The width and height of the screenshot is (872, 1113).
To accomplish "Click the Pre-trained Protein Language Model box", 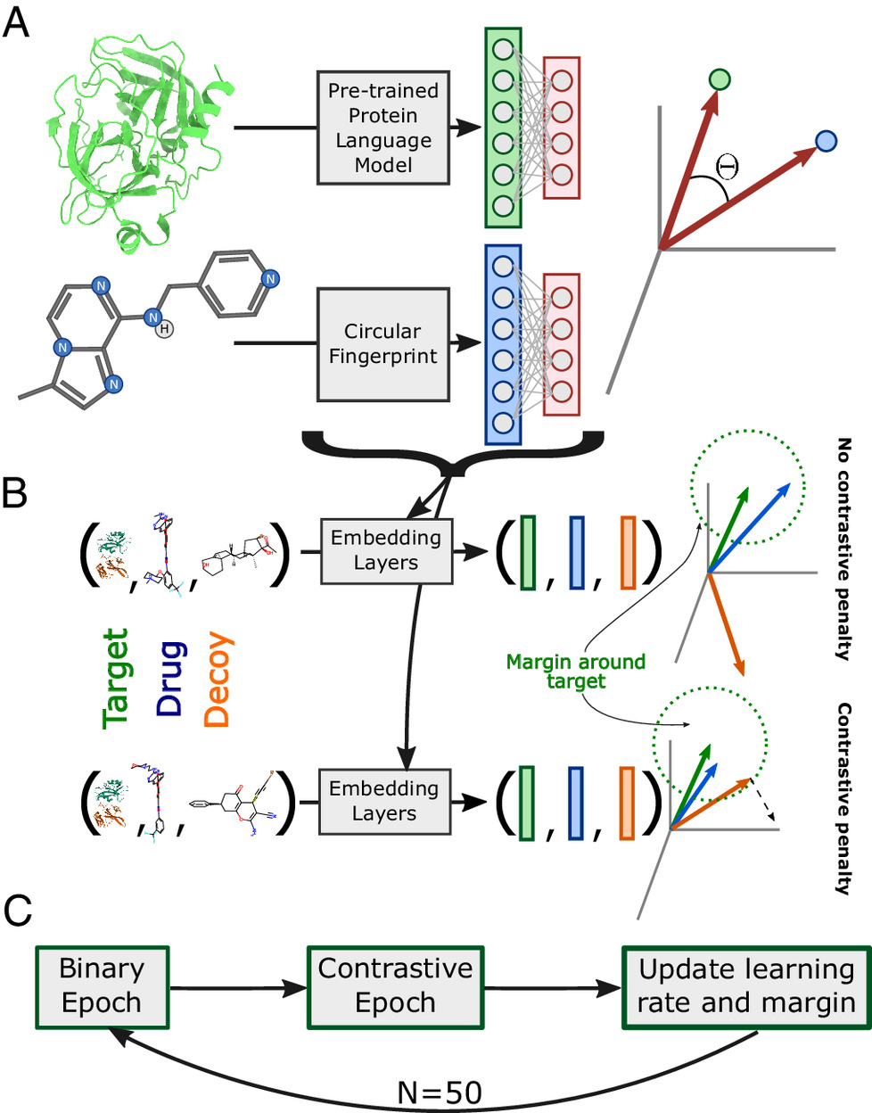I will pos(383,128).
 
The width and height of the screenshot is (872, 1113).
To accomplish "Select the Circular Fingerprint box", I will pos(383,344).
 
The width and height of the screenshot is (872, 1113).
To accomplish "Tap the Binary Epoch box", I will pos(102,985).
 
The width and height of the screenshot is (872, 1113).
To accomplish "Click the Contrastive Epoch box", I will pos(395,985).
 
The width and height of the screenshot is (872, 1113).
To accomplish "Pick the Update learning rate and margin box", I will pos(746,987).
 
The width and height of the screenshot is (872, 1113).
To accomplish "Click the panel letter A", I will pos(16,22).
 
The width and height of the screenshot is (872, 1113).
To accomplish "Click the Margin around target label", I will pos(575,672).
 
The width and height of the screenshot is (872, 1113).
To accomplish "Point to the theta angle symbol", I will pos(727,165).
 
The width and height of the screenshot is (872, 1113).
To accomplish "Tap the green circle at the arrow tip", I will pos(720,80).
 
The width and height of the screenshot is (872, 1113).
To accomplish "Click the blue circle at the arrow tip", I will pos(827,141).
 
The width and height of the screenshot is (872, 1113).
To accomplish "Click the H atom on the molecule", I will pos(164,329).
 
